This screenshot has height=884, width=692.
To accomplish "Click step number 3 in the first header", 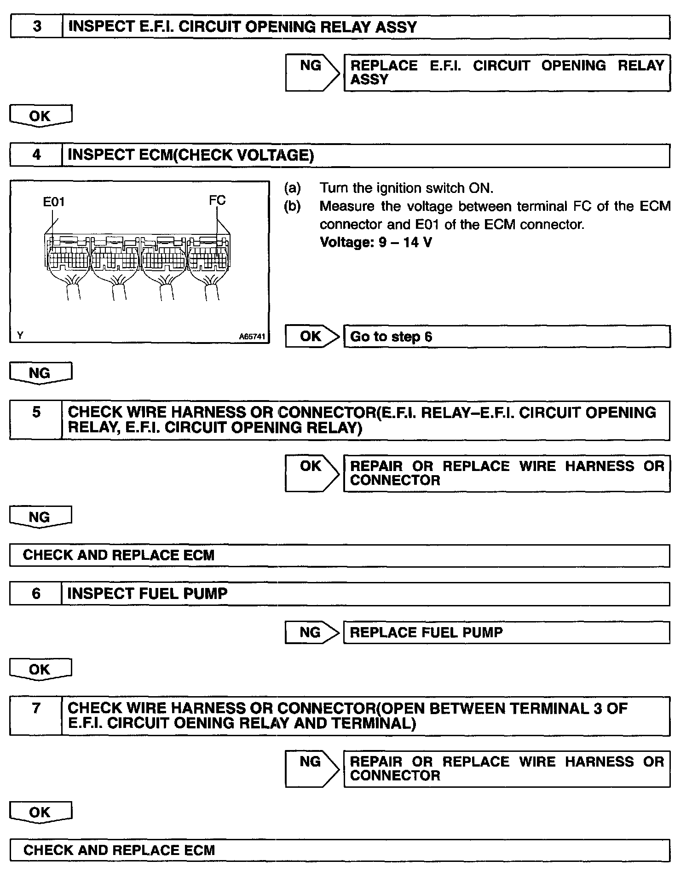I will (x=37, y=26).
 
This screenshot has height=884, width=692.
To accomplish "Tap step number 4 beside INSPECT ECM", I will (x=36, y=155).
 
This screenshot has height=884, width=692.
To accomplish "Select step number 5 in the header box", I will (x=36, y=412).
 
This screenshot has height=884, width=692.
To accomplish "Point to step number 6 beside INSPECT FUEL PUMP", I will (x=36, y=593).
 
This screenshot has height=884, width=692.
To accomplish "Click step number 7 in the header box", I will (x=36, y=708).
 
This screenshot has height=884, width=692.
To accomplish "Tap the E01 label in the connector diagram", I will (x=54, y=202).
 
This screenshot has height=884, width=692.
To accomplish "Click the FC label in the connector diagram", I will (x=217, y=200).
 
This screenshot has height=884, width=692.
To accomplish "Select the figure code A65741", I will (x=252, y=337).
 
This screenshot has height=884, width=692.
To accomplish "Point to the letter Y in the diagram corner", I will (x=20, y=336).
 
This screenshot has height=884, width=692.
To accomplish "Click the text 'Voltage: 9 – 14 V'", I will (x=375, y=242).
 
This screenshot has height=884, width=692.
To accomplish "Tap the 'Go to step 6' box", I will (x=506, y=337).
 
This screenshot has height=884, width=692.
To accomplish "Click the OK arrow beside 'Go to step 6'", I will (x=311, y=337).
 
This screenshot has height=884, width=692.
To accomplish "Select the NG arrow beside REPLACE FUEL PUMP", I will (x=311, y=632).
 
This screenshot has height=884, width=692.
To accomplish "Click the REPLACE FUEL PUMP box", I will (x=506, y=632).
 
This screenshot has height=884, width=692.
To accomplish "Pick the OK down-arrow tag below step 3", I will (x=40, y=116).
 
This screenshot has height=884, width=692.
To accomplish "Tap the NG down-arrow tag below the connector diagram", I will (x=40, y=372).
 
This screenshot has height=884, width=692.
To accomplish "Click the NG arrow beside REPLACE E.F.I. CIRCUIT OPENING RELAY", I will (x=311, y=72).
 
